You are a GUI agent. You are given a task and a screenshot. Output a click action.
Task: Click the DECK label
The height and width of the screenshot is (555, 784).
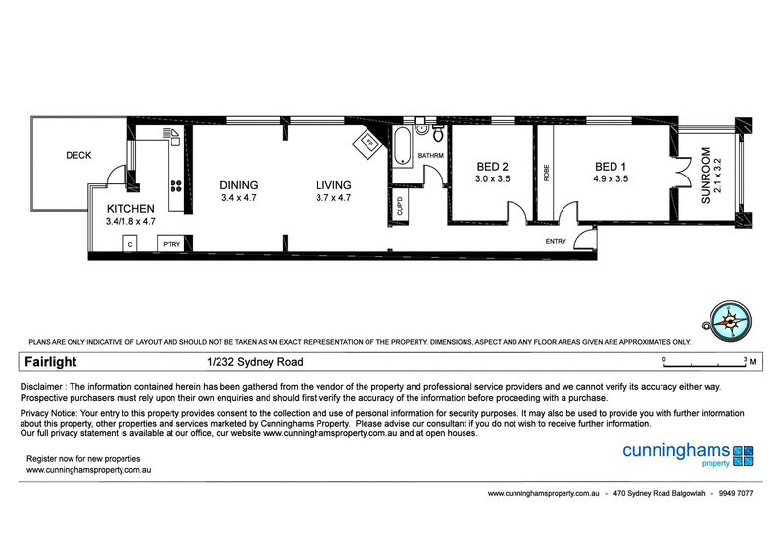pyautogui.click(x=78, y=155)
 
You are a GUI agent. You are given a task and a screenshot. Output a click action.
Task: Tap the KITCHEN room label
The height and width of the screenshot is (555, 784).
pyautogui.click(x=130, y=208)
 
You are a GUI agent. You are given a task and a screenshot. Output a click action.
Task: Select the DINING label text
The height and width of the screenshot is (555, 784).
pyautogui.click(x=239, y=185)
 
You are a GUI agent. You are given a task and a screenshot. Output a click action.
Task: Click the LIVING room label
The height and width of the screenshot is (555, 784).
pyautogui.click(x=333, y=185)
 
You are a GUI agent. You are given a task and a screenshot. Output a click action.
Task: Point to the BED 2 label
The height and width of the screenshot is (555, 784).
pyautogui.click(x=492, y=166)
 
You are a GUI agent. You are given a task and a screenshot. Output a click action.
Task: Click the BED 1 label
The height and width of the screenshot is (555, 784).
pyautogui.click(x=610, y=166)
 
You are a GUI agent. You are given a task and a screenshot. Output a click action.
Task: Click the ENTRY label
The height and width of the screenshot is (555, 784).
pyautogui.click(x=556, y=241)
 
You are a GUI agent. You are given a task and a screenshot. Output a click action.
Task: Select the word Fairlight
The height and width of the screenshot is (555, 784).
pyautogui.click(x=51, y=362)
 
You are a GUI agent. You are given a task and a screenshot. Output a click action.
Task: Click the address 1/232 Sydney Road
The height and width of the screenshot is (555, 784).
pyautogui.click(x=241, y=362)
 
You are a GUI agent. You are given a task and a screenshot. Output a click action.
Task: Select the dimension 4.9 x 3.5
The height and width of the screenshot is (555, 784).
pyautogui.click(x=610, y=179)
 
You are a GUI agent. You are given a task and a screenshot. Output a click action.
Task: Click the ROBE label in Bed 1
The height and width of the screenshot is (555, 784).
pyautogui.click(x=546, y=173)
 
